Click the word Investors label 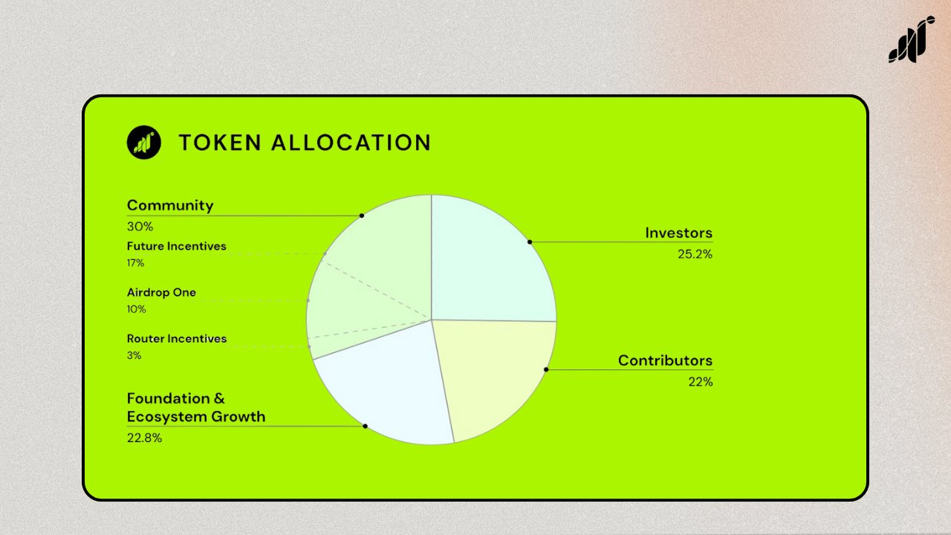tap(678, 233)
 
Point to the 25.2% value tap(695, 254)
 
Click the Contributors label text tap(665, 360)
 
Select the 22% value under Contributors tap(700, 382)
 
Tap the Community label tap(170, 205)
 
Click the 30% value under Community tap(139, 227)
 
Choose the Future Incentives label tap(176, 246)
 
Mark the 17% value tap(135, 262)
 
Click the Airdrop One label tap(161, 292)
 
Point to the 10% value tap(136, 309)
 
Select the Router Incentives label tap(177, 339)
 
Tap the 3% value tap(134, 355)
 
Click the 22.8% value tap(144, 438)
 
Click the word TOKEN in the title tap(219, 143)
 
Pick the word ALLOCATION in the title tap(351, 143)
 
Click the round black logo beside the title tap(143, 142)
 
